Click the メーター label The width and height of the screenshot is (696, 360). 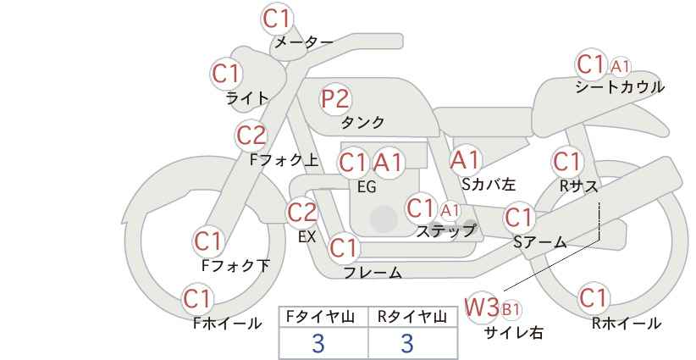click(304, 42)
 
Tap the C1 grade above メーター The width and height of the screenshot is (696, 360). click(276, 19)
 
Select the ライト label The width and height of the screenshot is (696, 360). click(247, 98)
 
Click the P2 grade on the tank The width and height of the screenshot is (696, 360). click(335, 98)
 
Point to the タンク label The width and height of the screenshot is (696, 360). click(362, 122)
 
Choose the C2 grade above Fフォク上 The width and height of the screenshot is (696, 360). click(251, 136)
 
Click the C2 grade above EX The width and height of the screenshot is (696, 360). click(302, 212)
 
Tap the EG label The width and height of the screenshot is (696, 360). click(367, 187)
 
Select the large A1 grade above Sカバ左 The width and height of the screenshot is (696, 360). click(465, 160)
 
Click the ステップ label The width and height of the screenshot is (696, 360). click(445, 231)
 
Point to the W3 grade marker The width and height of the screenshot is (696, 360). click(482, 307)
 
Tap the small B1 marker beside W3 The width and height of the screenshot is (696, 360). click(511, 309)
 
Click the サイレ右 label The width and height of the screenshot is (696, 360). click(514, 332)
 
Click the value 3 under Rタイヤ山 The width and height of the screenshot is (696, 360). click(407, 343)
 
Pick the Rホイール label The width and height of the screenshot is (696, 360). click(627, 324)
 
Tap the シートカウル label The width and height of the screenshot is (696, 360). click(620, 87)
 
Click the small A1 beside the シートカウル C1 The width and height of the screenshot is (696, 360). click(620, 67)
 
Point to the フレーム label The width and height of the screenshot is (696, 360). click(373, 273)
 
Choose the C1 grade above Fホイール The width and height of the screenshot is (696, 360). click(197, 299)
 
